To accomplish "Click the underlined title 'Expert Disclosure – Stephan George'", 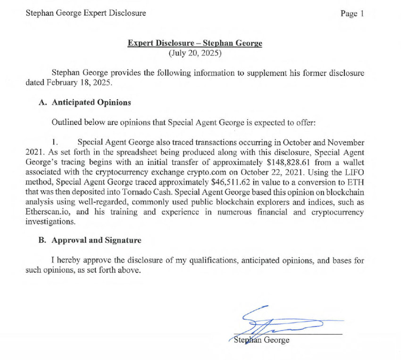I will pyautogui.click(x=195, y=44).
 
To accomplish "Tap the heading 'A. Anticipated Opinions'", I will pyautogui.click(x=85, y=103).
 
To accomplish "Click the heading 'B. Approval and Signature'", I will pyautogui.click(x=90, y=240).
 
